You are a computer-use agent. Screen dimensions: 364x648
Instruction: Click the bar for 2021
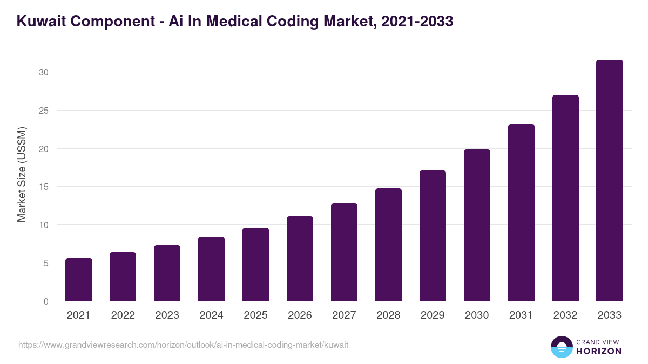click(x=79, y=280)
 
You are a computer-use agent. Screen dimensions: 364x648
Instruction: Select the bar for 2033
click(x=610, y=181)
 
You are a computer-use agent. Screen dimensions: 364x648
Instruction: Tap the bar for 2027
click(x=344, y=252)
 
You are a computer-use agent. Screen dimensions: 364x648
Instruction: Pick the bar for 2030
click(x=477, y=225)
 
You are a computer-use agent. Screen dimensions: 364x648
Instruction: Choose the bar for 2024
click(x=211, y=269)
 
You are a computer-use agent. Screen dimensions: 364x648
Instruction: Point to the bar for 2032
click(x=565, y=198)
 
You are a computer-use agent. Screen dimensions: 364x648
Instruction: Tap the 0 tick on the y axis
click(x=46, y=301)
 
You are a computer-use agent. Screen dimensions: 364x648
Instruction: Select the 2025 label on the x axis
click(x=255, y=315)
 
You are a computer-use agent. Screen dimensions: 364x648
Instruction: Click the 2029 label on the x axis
click(x=433, y=315)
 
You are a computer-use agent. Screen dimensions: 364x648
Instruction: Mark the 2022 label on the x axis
click(x=123, y=315)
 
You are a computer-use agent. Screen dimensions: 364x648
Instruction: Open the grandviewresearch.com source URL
click(x=183, y=345)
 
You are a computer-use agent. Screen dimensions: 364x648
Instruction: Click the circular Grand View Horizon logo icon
click(x=561, y=347)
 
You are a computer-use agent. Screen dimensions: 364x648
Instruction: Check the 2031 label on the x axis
click(x=521, y=315)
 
